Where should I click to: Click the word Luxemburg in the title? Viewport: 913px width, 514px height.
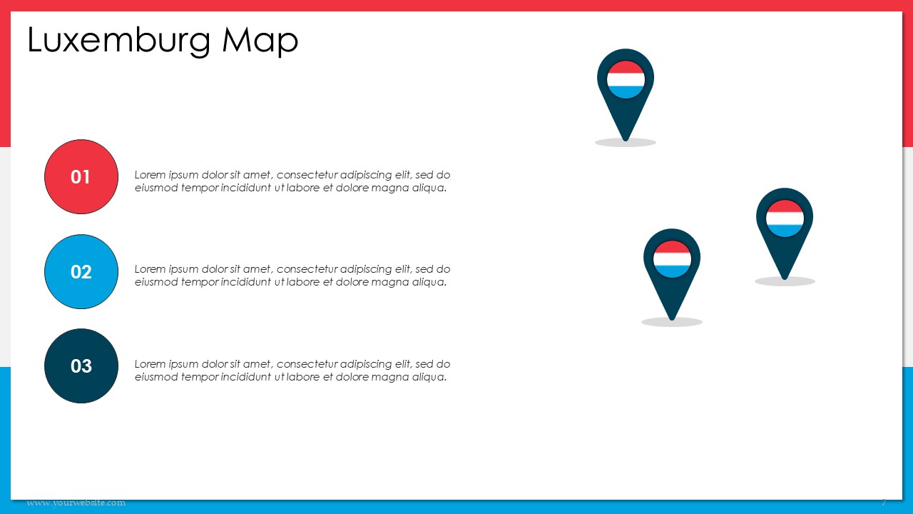(x=119, y=41)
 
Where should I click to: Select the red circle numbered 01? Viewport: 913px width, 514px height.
(x=81, y=176)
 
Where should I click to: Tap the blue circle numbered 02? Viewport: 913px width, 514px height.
(x=81, y=272)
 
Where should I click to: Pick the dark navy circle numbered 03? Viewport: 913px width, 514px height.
(x=81, y=366)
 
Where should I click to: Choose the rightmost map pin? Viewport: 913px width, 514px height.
(x=785, y=233)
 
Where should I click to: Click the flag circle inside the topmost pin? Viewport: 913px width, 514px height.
(x=626, y=79)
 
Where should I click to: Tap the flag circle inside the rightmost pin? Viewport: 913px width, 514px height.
(x=785, y=218)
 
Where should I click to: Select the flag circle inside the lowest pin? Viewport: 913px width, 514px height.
(x=672, y=259)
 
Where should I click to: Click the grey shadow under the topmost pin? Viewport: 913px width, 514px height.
(x=626, y=142)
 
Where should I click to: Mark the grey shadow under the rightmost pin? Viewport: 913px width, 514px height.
(x=785, y=281)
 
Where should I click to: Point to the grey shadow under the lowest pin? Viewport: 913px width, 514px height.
(x=672, y=322)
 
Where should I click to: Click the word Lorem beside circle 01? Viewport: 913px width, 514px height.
(x=150, y=175)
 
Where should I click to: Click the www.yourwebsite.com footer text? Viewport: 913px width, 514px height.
(x=76, y=503)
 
